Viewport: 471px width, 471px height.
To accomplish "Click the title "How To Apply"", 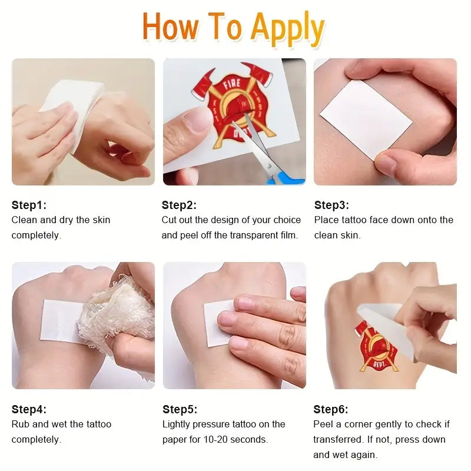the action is (x=233, y=28).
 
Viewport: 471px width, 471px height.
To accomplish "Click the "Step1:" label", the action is (x=29, y=205).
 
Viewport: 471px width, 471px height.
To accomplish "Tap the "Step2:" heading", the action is (x=179, y=205).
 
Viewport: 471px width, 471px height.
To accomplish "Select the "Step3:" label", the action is (x=331, y=205).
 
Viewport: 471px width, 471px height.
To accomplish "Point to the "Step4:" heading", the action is (x=29, y=409).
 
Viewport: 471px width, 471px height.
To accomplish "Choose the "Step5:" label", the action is (x=180, y=409).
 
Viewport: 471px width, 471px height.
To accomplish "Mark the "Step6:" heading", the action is (x=331, y=409).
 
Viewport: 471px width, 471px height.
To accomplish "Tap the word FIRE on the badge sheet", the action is (x=231, y=84).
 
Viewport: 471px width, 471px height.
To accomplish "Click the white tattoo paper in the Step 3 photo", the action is (x=366, y=120).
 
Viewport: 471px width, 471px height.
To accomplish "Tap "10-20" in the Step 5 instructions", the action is (x=215, y=439).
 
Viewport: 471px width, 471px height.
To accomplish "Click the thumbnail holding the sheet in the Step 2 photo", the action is (x=198, y=119).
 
